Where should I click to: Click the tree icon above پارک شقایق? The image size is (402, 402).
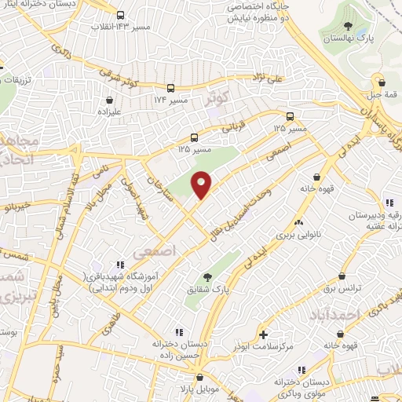coord(207,276)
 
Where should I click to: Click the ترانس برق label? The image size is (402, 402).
coord(342,289)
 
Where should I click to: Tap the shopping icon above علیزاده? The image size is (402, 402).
coord(108,100)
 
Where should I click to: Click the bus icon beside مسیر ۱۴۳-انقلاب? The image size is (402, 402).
coord(120,15)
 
